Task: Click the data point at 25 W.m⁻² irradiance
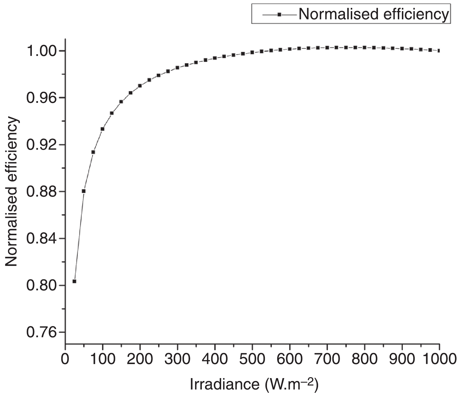pyautogui.click(x=74, y=281)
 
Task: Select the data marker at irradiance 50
pyautogui.click(x=84, y=191)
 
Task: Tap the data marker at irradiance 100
pyautogui.click(x=103, y=129)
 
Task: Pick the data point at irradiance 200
pyautogui.click(x=140, y=86)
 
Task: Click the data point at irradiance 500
pyautogui.click(x=252, y=52)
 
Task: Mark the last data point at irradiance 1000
pyautogui.click(x=439, y=51)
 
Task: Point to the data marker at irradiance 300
pyautogui.click(x=177, y=67)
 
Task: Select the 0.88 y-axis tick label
pyautogui.click(x=41, y=192)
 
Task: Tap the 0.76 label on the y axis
pyautogui.click(x=41, y=333)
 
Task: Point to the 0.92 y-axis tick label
pyautogui.click(x=41, y=145)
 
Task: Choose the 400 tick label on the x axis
pyautogui.click(x=215, y=359)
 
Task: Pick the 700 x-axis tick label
pyautogui.click(x=327, y=359)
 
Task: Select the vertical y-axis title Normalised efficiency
pyautogui.click(x=12, y=192)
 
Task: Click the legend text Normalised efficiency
pyautogui.click(x=373, y=14)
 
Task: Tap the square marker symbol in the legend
pyautogui.click(x=279, y=14)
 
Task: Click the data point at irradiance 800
pyautogui.click(x=364, y=47)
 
